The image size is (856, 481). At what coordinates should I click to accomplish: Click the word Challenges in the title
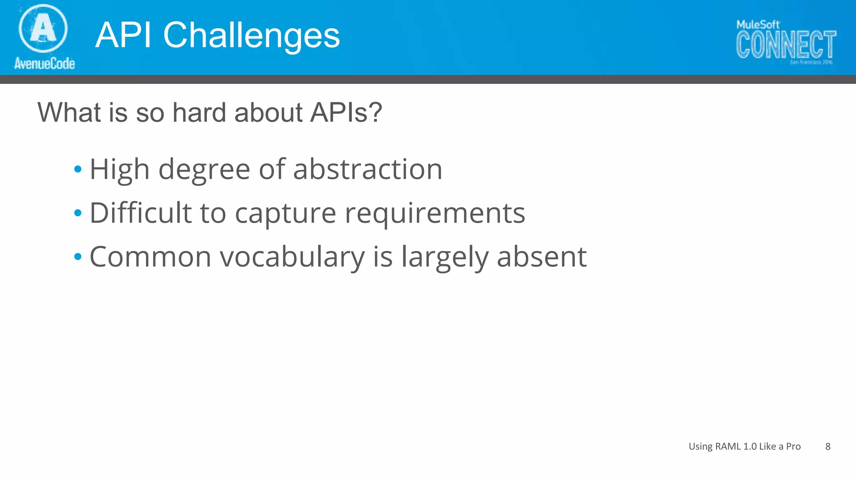[x=251, y=36]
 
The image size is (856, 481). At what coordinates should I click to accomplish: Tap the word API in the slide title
[x=123, y=36]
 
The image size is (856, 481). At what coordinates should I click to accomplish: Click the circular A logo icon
[x=43, y=28]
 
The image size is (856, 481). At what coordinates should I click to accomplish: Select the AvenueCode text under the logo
[x=44, y=63]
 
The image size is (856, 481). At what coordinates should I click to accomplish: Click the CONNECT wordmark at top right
[x=786, y=44]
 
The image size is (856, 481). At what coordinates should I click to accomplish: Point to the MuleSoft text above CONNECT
[x=757, y=25]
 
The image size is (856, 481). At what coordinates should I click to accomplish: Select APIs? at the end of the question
[x=346, y=113]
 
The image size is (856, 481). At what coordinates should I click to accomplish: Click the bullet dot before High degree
[x=78, y=170]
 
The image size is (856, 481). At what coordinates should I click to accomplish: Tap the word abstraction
[x=368, y=170]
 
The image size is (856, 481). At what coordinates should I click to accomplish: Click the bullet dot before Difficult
[x=78, y=213]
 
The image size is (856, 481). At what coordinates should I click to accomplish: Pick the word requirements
[x=435, y=214]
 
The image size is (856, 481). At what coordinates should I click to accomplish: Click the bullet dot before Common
[x=78, y=256]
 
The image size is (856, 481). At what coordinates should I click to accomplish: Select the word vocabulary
[x=293, y=257]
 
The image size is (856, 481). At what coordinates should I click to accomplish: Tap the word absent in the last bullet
[x=542, y=256]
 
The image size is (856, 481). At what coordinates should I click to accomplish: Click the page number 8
[x=828, y=446]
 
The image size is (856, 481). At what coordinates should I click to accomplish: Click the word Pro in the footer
[x=793, y=446]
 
